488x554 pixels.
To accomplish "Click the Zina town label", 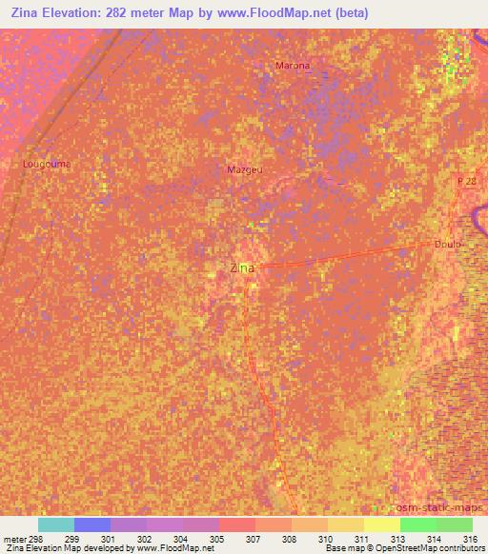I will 242,268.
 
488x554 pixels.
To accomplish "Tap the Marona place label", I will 293,66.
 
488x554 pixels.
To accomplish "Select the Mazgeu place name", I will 245,169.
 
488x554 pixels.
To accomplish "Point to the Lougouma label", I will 47,164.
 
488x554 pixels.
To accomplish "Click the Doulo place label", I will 447,244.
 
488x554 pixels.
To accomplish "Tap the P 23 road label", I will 466,180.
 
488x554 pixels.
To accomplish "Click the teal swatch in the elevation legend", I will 56,524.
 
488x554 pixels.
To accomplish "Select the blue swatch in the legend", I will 92,524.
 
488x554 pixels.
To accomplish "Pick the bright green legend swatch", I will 418,524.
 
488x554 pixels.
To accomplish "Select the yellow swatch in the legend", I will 382,524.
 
